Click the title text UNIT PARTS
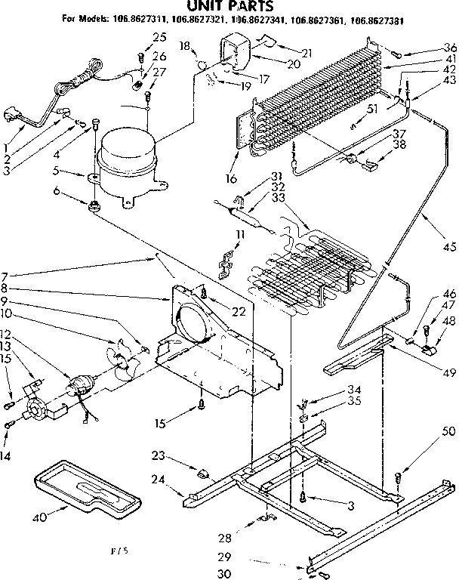229,7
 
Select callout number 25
159,37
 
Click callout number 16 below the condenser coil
230,179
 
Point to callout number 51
371,108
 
